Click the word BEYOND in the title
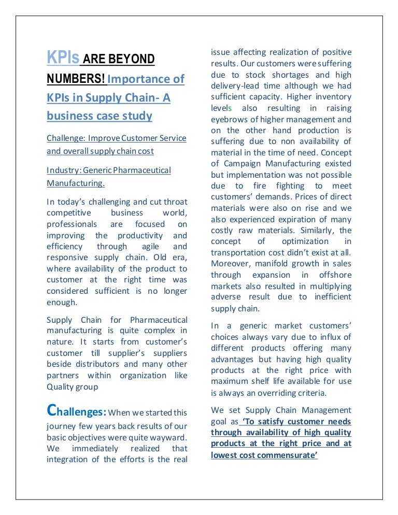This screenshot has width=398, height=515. click(131, 59)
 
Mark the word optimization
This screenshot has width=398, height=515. click(305, 241)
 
